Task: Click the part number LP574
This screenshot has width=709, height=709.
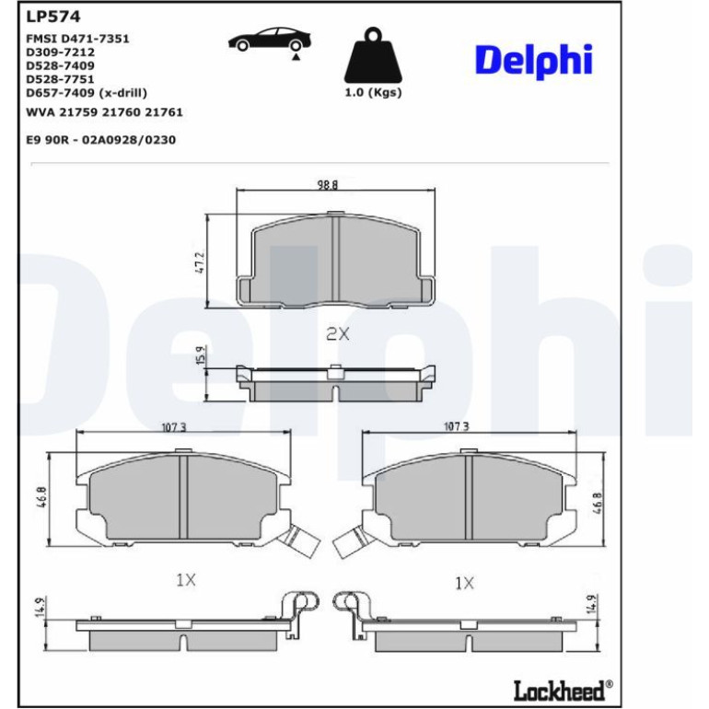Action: (x=52, y=17)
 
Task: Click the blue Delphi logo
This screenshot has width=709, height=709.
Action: (x=533, y=61)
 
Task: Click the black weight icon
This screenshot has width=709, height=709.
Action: (x=373, y=55)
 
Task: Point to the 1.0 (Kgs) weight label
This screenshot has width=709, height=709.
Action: (x=373, y=93)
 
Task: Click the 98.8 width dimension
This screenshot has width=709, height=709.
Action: (x=328, y=185)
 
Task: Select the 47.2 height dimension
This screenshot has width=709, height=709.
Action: (x=201, y=262)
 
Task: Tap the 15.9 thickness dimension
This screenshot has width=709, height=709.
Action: (x=202, y=355)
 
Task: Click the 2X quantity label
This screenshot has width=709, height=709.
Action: (x=338, y=334)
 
